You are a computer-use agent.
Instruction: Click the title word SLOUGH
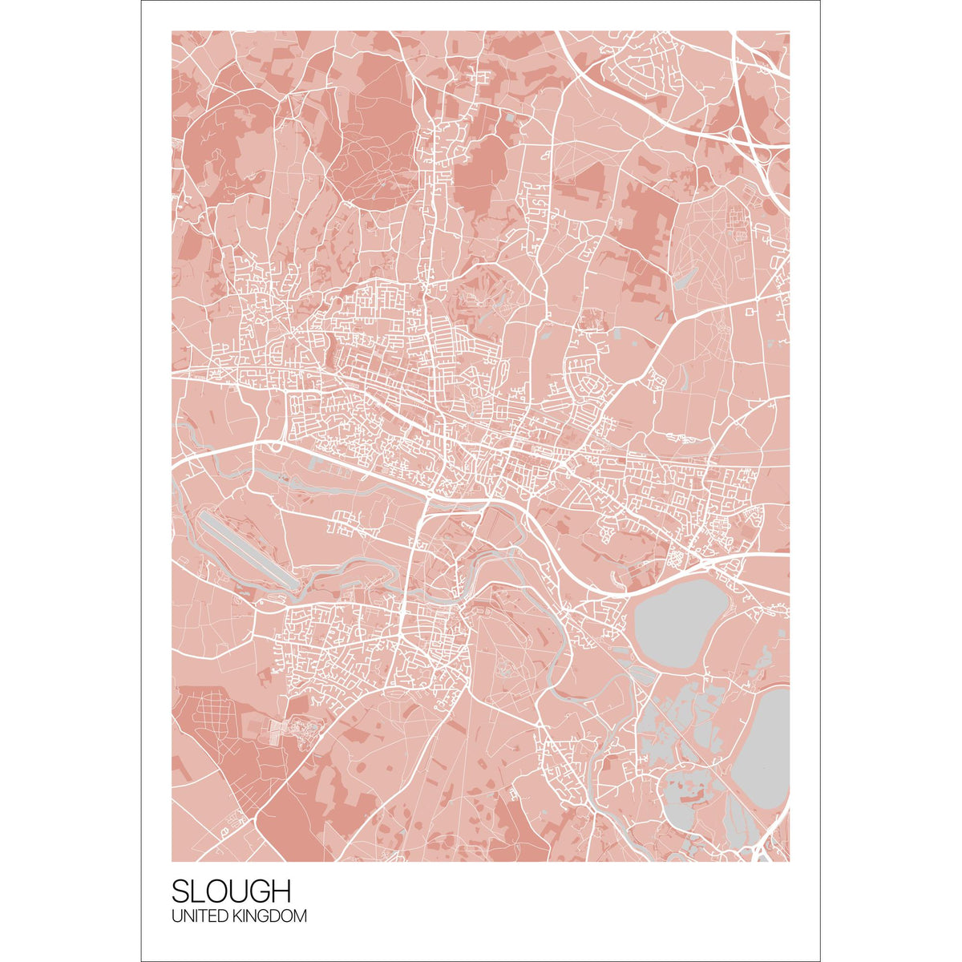click(231, 891)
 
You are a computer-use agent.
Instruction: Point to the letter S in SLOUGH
click(180, 891)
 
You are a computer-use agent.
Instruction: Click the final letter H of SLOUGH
click(280, 891)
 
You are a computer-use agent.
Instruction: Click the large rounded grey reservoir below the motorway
click(678, 622)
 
